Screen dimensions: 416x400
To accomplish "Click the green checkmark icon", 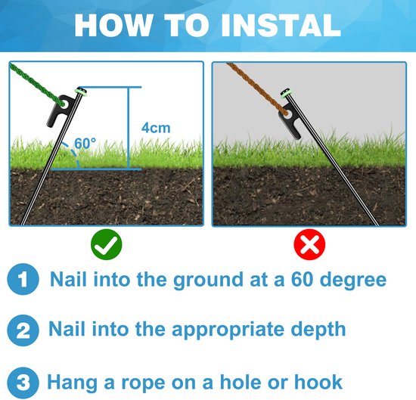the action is coord(107,244).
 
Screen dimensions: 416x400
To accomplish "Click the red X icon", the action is coord(309,244).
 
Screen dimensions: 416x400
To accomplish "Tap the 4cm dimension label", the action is coord(156,128).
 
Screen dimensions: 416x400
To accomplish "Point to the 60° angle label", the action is coord(85,143).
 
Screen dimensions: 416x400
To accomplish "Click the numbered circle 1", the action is coord(23,279).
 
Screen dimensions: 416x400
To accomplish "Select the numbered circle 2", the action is coord(23,330).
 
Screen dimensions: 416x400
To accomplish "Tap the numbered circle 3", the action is coord(23,383).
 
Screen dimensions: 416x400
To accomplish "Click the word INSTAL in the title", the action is coord(281,26).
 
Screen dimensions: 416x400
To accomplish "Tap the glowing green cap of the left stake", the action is coord(82,91).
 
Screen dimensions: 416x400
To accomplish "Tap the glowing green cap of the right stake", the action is coord(286,94).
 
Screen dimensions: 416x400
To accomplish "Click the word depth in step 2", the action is coord(318,329).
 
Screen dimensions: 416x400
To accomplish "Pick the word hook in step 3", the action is coord(318,382).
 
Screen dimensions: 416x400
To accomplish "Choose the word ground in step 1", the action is coord(208,281).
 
